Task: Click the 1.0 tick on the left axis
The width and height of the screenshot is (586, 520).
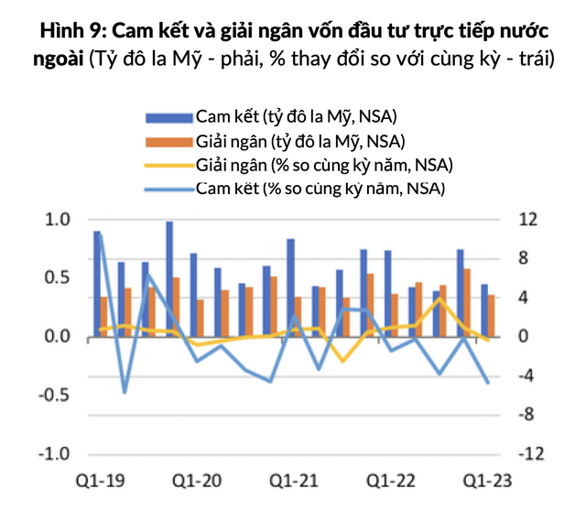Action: pos(57,220)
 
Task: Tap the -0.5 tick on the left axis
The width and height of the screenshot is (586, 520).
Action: pos(54,395)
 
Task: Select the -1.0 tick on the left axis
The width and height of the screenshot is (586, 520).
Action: pos(54,454)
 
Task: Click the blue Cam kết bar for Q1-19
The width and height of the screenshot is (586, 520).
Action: pos(97,284)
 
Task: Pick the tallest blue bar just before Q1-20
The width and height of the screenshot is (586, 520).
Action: pos(169,279)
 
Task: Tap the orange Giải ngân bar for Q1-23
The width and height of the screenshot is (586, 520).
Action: pos(492,316)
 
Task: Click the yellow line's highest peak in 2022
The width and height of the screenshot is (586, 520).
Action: pos(438,298)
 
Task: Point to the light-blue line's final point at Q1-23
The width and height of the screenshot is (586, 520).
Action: pos(487,383)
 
